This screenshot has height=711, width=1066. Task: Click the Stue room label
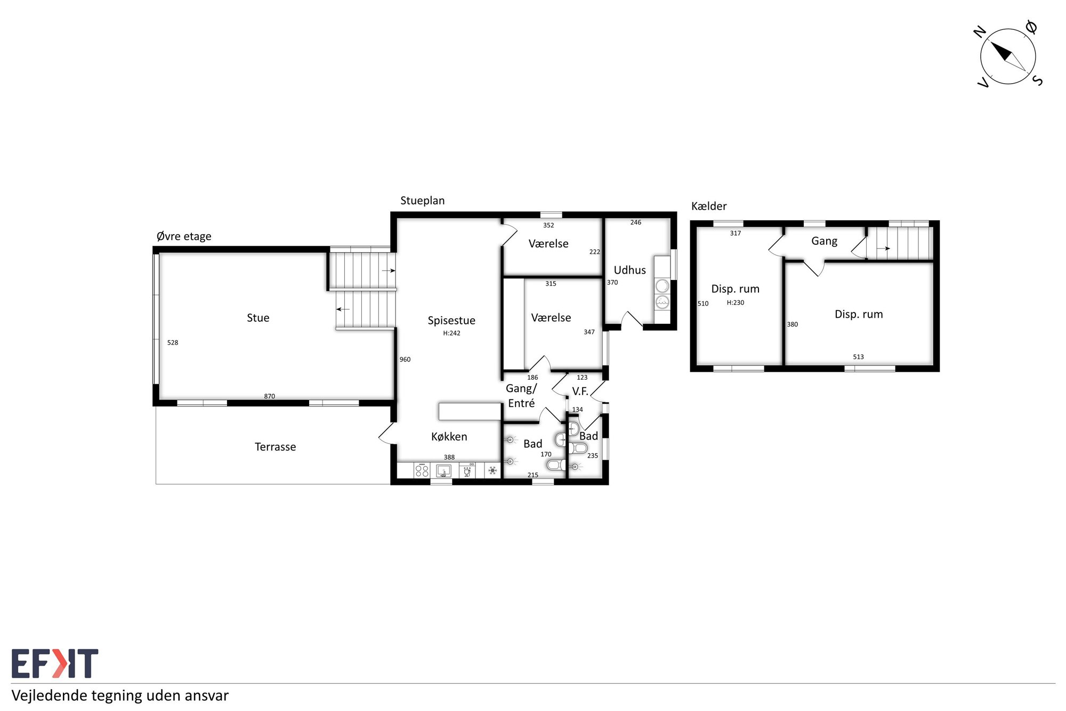[x=258, y=318]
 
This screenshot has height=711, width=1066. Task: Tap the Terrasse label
[x=275, y=447]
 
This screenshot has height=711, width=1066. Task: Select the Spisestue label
[x=451, y=321]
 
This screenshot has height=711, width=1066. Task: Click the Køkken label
[x=449, y=437]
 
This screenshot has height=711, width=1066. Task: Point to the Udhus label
[x=629, y=270]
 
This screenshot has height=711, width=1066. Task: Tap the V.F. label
[x=580, y=391]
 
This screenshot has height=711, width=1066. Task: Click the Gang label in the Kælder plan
[x=824, y=241]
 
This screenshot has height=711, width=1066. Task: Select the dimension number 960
[x=405, y=360]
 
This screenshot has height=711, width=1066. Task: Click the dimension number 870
[x=270, y=396]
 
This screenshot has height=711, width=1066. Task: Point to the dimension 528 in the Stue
[x=173, y=342]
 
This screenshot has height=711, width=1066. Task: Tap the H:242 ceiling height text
[x=451, y=333]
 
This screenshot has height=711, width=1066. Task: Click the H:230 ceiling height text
[x=736, y=302]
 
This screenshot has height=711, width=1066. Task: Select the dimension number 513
[x=858, y=357]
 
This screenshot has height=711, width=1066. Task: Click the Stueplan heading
[x=422, y=201]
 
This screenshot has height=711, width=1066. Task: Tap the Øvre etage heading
[x=184, y=236]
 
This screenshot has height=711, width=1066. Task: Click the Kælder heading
[x=709, y=206]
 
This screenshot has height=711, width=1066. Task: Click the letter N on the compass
[x=980, y=32]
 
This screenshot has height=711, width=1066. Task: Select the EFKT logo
[x=55, y=664]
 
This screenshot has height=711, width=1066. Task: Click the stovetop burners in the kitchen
[x=422, y=470]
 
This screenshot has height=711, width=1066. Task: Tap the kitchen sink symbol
[x=443, y=470]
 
